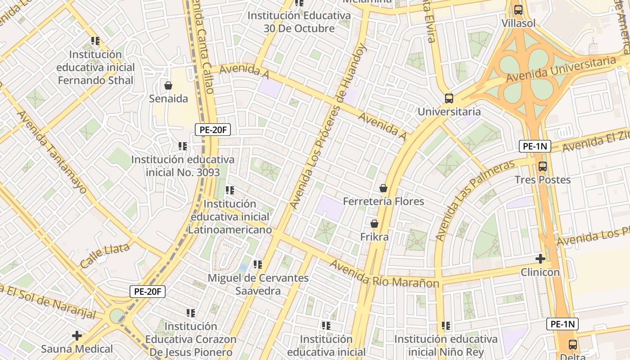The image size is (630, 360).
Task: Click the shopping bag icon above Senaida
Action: [168, 85]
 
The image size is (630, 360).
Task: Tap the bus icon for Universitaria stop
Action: [449, 98]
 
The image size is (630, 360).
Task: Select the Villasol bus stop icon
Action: [518, 9]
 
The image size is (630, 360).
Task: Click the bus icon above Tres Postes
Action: [543, 166]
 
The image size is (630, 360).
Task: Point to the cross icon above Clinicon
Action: [540, 259]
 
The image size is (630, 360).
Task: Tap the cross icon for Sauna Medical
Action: [77, 335]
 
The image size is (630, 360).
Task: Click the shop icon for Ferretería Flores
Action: [383, 188]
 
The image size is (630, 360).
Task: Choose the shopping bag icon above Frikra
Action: [374, 223]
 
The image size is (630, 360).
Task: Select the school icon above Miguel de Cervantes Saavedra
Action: [257, 265]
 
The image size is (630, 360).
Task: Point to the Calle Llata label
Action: [105, 255]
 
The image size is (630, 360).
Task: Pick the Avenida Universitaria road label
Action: [560, 69]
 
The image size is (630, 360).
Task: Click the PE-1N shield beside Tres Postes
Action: [535, 146]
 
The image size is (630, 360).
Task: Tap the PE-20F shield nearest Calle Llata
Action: [148, 292]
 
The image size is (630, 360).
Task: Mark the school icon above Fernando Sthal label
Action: [95, 41]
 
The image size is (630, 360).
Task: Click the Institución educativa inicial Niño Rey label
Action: [446, 345]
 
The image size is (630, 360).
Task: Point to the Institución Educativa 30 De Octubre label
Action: [299, 22]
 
